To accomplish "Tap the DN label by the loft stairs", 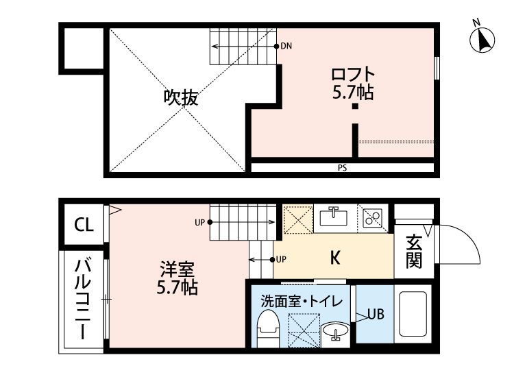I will click(x=287, y=47).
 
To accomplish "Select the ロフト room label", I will click(x=353, y=73).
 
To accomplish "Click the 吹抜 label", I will click(x=181, y=98).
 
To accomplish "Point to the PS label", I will click(x=341, y=167).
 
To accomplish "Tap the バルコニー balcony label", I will click(x=84, y=300).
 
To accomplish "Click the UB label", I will click(x=375, y=315).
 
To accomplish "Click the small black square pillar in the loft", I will click(x=355, y=106).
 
